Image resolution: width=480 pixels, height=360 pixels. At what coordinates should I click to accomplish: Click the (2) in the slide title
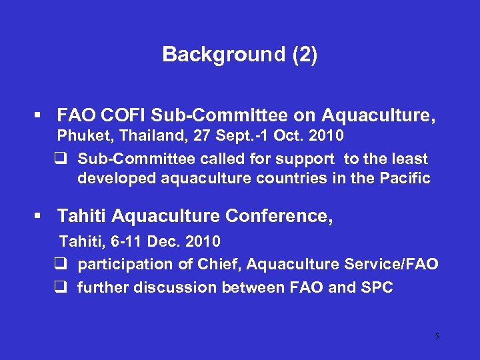tap(304, 54)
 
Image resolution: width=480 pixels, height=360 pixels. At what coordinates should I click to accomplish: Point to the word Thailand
tap(139, 136)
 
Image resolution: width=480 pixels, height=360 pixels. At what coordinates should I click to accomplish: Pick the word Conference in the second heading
tap(275, 216)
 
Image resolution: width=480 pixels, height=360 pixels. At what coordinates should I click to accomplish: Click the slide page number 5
tap(437, 336)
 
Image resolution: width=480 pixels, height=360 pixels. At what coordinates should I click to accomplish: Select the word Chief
tap(219, 264)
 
